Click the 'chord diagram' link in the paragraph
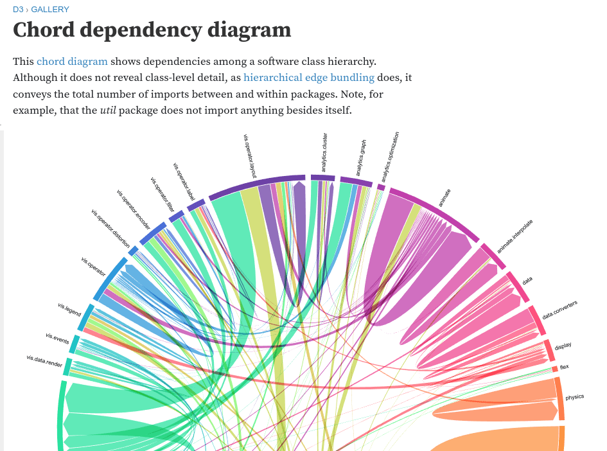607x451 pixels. (x=72, y=62)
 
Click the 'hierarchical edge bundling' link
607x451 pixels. (x=308, y=78)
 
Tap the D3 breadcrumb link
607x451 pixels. (x=17, y=10)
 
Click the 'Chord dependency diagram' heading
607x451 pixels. (x=152, y=30)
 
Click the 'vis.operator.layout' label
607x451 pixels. (x=251, y=154)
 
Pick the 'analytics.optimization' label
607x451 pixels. (x=391, y=157)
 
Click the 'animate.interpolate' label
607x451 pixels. (x=515, y=235)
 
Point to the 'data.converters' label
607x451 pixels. (x=559, y=310)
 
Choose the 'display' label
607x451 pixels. (x=563, y=346)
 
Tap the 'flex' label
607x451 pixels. (x=564, y=367)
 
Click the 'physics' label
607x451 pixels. (x=574, y=397)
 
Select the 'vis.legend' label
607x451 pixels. (x=69, y=309)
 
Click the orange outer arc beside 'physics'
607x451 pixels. (x=560, y=398)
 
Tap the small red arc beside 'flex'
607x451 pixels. (x=554, y=368)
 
